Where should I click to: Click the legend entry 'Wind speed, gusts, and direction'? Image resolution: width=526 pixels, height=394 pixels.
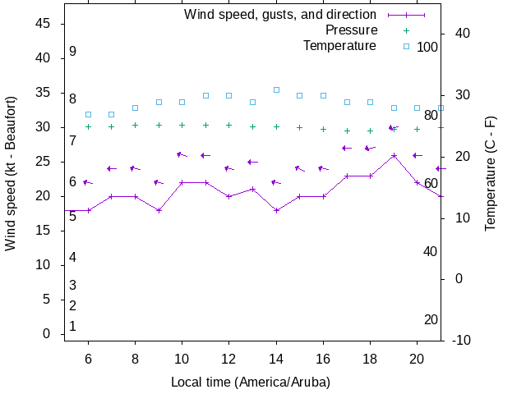[279, 15]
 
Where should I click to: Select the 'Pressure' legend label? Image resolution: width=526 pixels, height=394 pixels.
[351, 30]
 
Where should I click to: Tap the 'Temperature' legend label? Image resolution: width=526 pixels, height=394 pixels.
[339, 46]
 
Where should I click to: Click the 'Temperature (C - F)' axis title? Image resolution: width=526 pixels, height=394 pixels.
[491, 173]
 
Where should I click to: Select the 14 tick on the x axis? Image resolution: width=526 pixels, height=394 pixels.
[277, 358]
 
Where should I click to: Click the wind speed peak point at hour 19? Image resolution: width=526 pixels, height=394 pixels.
[394, 155]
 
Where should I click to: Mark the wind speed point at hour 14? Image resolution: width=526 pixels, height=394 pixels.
[277, 210]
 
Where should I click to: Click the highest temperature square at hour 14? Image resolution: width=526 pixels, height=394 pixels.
[277, 89]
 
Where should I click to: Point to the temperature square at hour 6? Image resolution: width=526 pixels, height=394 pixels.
[88, 114]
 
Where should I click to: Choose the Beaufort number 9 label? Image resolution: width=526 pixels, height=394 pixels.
[72, 52]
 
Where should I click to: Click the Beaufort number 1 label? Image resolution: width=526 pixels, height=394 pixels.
[72, 327]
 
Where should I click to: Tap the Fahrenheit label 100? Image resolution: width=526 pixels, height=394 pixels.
[427, 47]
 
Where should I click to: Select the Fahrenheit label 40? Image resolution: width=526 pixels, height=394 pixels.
[430, 251]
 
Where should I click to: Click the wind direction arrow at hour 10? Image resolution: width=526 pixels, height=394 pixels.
[182, 154]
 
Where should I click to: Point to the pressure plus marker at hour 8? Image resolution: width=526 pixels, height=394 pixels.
[136, 126]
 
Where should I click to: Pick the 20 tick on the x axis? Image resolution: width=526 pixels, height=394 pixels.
[417, 358]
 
